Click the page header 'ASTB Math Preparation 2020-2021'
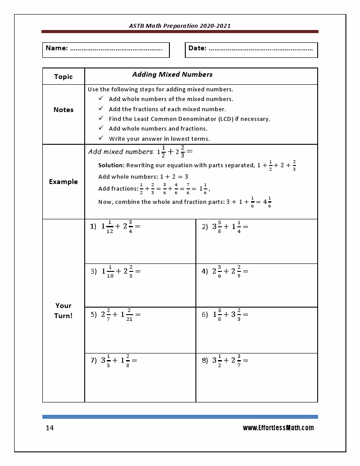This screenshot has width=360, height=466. pos(180,26)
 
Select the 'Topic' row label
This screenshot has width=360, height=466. pos(63,76)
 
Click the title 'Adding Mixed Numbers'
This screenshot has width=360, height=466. pos(172,74)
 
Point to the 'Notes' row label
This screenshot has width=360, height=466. pos(63,109)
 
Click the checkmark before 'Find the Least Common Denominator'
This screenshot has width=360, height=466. pos(101,118)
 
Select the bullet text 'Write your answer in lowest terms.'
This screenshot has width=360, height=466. pos(159,139)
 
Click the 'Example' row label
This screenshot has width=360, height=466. pos(63,181)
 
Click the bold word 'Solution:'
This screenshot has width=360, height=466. pos(111,165)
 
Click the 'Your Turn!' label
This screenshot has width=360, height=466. pos(63,310)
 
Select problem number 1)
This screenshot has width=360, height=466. pos(93,226)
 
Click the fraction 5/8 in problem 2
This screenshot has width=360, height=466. pos(220,226)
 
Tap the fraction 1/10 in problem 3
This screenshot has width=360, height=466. pos(110,271)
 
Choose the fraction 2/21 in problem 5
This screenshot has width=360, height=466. pos(129,315)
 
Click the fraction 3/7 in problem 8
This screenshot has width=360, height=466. pos(239,360)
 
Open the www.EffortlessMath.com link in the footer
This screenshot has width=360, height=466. pos(278,428)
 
